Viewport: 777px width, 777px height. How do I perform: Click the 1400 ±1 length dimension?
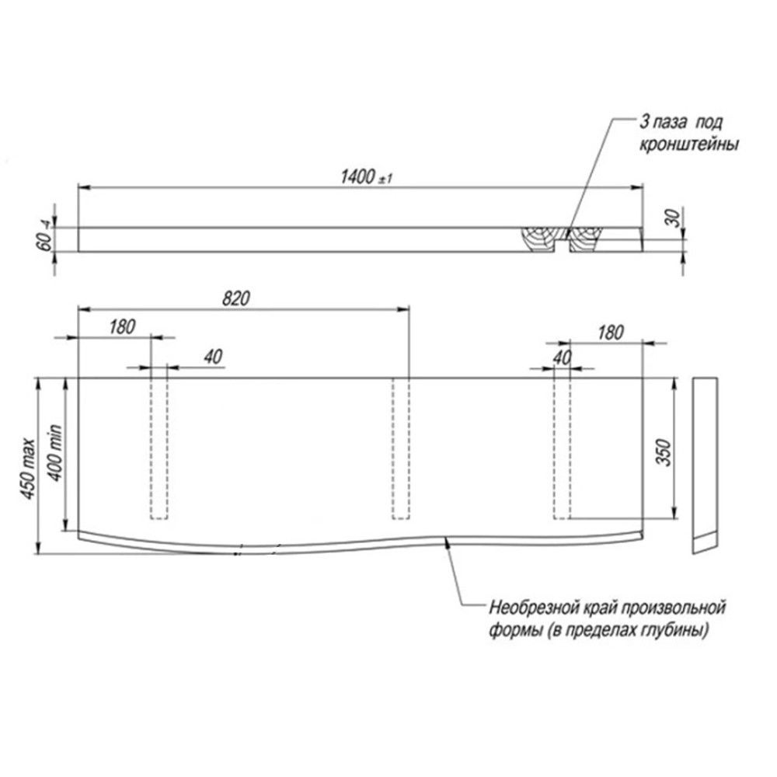(366, 177)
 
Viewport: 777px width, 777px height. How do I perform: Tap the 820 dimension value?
(236, 298)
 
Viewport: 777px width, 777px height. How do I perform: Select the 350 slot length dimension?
(664, 452)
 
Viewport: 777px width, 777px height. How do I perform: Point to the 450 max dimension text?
(29, 469)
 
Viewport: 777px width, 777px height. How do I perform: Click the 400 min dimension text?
(55, 453)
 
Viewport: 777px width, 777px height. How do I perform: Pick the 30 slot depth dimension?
(674, 218)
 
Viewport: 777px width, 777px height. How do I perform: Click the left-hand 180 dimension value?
(122, 327)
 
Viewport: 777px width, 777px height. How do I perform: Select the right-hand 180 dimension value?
(610, 333)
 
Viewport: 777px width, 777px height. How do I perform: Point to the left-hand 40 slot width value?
(213, 357)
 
